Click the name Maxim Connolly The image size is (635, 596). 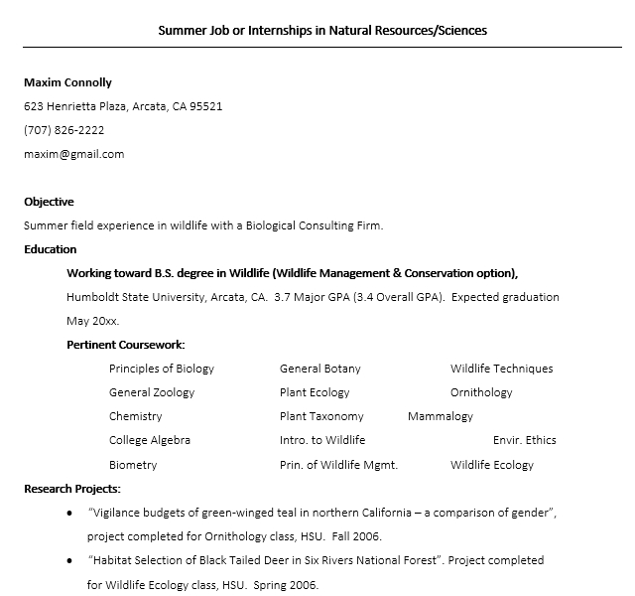[x=67, y=82]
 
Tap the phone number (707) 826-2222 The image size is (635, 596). [x=63, y=130]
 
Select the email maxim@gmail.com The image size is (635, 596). [x=73, y=154]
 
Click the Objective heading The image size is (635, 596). [x=49, y=202]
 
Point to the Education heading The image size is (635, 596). [x=50, y=249]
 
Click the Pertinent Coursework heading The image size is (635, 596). [x=125, y=345]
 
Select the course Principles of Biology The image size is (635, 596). [x=161, y=369]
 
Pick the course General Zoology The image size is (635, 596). [x=152, y=392]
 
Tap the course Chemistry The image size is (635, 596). [x=135, y=416]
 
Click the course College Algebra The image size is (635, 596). [x=149, y=440]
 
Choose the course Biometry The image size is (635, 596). [x=133, y=465]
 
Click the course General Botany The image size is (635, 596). [x=319, y=369]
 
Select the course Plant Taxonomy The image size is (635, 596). [x=321, y=416]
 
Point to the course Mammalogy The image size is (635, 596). [x=440, y=416]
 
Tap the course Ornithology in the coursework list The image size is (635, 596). [x=481, y=392]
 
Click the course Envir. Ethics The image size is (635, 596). [x=524, y=440]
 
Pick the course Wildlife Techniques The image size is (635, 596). [x=501, y=369]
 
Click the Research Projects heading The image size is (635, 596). [x=72, y=489]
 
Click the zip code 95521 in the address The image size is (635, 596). [x=205, y=106]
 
